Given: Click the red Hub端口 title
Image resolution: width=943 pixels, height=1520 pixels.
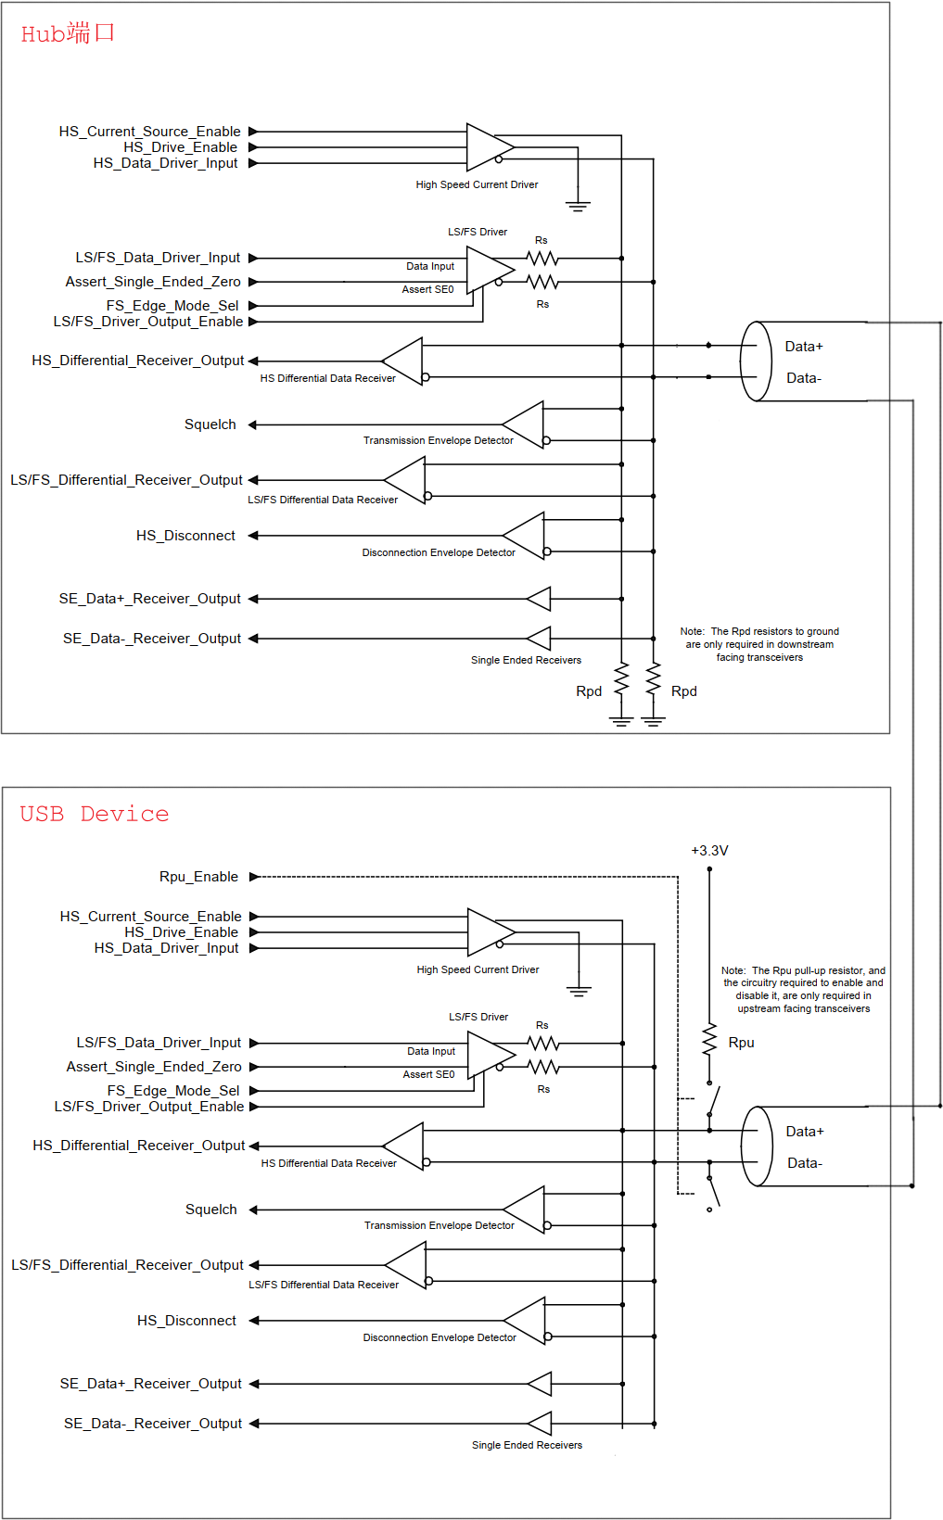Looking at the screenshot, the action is coord(67,33).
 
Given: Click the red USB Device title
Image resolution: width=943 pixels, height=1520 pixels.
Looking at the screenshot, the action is coord(94,814).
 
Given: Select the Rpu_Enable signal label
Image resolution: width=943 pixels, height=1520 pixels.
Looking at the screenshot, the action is coord(198,877).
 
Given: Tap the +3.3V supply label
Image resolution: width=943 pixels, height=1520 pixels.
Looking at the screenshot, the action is coord(709,850).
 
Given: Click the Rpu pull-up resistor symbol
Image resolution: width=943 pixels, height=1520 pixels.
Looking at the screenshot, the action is coord(709,1039).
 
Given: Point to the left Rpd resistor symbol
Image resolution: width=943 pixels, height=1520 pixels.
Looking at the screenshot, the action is coord(621,679).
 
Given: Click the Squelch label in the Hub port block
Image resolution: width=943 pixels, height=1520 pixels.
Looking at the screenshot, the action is coord(210,424).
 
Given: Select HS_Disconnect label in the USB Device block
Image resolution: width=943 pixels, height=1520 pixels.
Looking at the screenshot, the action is coord(186,1321).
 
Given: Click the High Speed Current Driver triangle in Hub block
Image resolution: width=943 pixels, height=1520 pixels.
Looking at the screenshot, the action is coord(490,146).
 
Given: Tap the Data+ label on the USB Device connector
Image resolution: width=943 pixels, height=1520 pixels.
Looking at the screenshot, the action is coord(805,1131).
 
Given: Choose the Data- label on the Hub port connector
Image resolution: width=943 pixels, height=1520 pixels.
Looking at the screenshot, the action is coord(804,378).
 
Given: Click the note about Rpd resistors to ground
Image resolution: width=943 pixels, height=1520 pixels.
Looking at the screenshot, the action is coord(759,644).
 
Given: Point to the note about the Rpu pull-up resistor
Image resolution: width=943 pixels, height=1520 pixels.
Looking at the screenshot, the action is coord(803,989).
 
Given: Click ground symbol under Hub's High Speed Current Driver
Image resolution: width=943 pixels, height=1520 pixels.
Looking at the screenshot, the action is coord(578,207).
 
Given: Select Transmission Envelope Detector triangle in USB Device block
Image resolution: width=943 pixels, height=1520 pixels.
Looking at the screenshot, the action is coord(524,1210).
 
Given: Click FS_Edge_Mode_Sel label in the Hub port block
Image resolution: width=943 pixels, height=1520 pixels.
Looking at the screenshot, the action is coord(172,306).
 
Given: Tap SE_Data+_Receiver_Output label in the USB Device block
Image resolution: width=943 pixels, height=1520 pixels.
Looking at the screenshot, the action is coord(151,1384).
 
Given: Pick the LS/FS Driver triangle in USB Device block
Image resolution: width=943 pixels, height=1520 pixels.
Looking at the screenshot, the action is coord(491,1055).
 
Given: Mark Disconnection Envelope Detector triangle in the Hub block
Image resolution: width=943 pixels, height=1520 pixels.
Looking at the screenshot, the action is coord(523,536).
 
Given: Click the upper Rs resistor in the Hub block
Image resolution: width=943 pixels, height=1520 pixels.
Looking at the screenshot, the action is coord(542,259).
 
